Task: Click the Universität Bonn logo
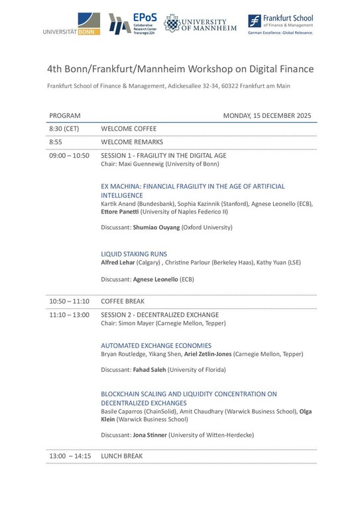72,24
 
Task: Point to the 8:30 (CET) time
64,129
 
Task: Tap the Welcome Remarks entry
132,142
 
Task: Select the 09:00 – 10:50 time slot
69,155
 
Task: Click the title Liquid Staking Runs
134,254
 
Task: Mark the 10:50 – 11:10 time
69,302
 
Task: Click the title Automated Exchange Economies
156,345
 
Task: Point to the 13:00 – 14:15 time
69,456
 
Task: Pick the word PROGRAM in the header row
65,116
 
